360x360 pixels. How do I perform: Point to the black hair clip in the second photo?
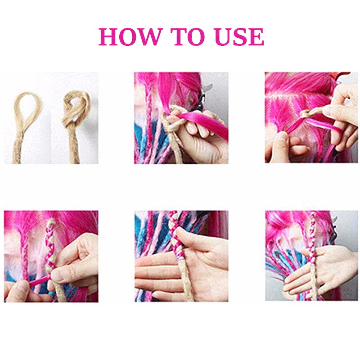coord(198,106)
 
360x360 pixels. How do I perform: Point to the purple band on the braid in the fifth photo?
coord(179,260)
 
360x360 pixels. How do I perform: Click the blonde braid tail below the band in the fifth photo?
coord(182,283)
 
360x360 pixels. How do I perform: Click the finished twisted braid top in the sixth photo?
coord(313,225)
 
